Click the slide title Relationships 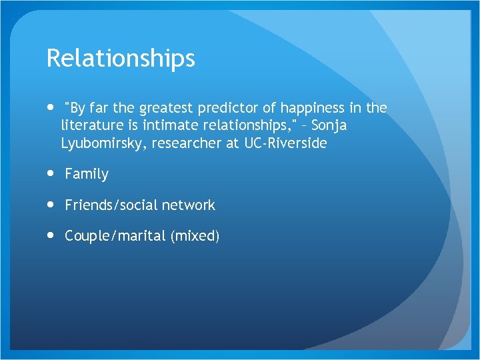coord(121,59)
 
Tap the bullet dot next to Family coord(51,173)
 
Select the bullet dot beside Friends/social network coord(51,205)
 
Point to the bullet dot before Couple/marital coord(51,235)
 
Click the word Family coord(87,174)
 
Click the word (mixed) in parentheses coord(195,236)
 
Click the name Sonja coord(329,125)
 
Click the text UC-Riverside coord(286,143)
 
